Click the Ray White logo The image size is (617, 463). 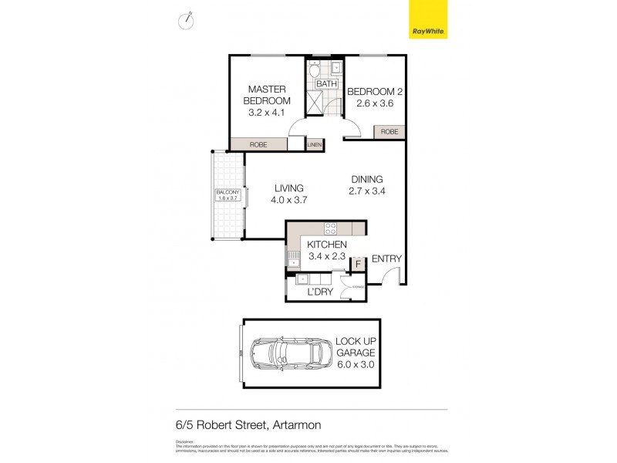click(428, 20)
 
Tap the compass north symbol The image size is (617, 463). click(186, 21)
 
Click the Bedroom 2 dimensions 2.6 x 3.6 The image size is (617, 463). click(375, 103)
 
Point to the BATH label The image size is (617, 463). click(326, 83)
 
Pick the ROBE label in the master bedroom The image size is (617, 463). click(258, 144)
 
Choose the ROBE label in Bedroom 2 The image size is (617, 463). click(390, 132)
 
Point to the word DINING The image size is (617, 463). click(366, 179)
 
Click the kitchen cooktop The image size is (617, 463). click(330, 228)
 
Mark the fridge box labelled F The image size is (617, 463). click(358, 265)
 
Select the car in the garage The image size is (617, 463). click(288, 353)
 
